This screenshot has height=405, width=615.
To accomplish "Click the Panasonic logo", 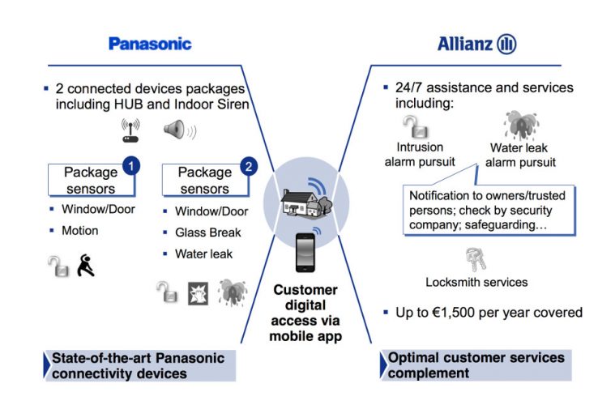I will click(x=150, y=43).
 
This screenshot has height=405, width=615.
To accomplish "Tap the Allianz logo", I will click(x=477, y=44).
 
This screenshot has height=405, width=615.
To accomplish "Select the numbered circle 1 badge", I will click(x=130, y=167).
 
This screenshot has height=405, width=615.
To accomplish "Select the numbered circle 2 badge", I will click(x=249, y=167).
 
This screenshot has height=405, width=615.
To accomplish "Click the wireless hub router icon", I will click(x=130, y=130).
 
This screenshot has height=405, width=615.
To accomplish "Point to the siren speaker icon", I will click(x=177, y=130).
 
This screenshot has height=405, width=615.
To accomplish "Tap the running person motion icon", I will click(x=86, y=264).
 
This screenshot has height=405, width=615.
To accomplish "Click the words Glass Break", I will click(x=208, y=232).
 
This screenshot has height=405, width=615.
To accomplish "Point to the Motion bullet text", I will click(x=79, y=231).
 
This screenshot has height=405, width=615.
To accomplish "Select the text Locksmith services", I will click(x=476, y=283).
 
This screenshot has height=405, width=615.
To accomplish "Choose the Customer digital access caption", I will click(x=306, y=313).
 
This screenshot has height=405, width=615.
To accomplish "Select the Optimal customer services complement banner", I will click(x=476, y=366).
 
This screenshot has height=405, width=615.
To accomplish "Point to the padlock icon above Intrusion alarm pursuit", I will click(x=413, y=126).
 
